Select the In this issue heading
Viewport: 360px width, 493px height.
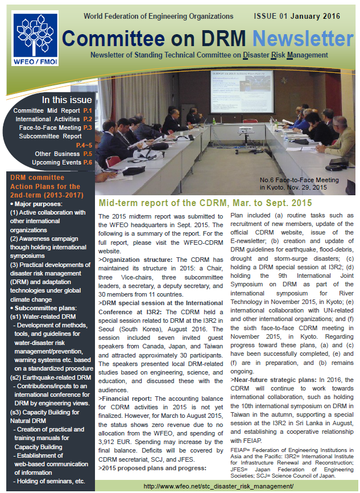[64, 100]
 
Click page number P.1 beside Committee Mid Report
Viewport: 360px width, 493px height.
[88, 110]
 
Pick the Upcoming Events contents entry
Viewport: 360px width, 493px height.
[56, 162]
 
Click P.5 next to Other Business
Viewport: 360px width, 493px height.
[88, 154]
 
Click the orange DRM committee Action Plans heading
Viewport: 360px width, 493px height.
[45, 186]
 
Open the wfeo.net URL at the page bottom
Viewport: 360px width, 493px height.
[218, 486]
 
